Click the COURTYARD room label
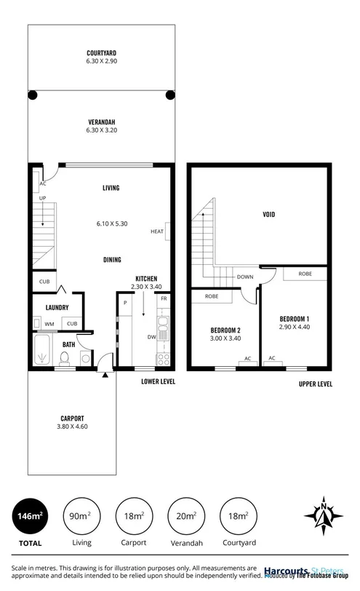[101, 53]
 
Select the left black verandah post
[32, 94]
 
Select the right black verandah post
[170, 94]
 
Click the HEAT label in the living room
[157, 232]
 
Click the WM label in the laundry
[49, 324]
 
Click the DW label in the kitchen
[151, 336]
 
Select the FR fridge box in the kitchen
[164, 300]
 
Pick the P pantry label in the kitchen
[125, 302]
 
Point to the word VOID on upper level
[273, 215]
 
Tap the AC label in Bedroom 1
[272, 359]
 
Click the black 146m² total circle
[30, 516]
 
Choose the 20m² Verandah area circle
[185, 516]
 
